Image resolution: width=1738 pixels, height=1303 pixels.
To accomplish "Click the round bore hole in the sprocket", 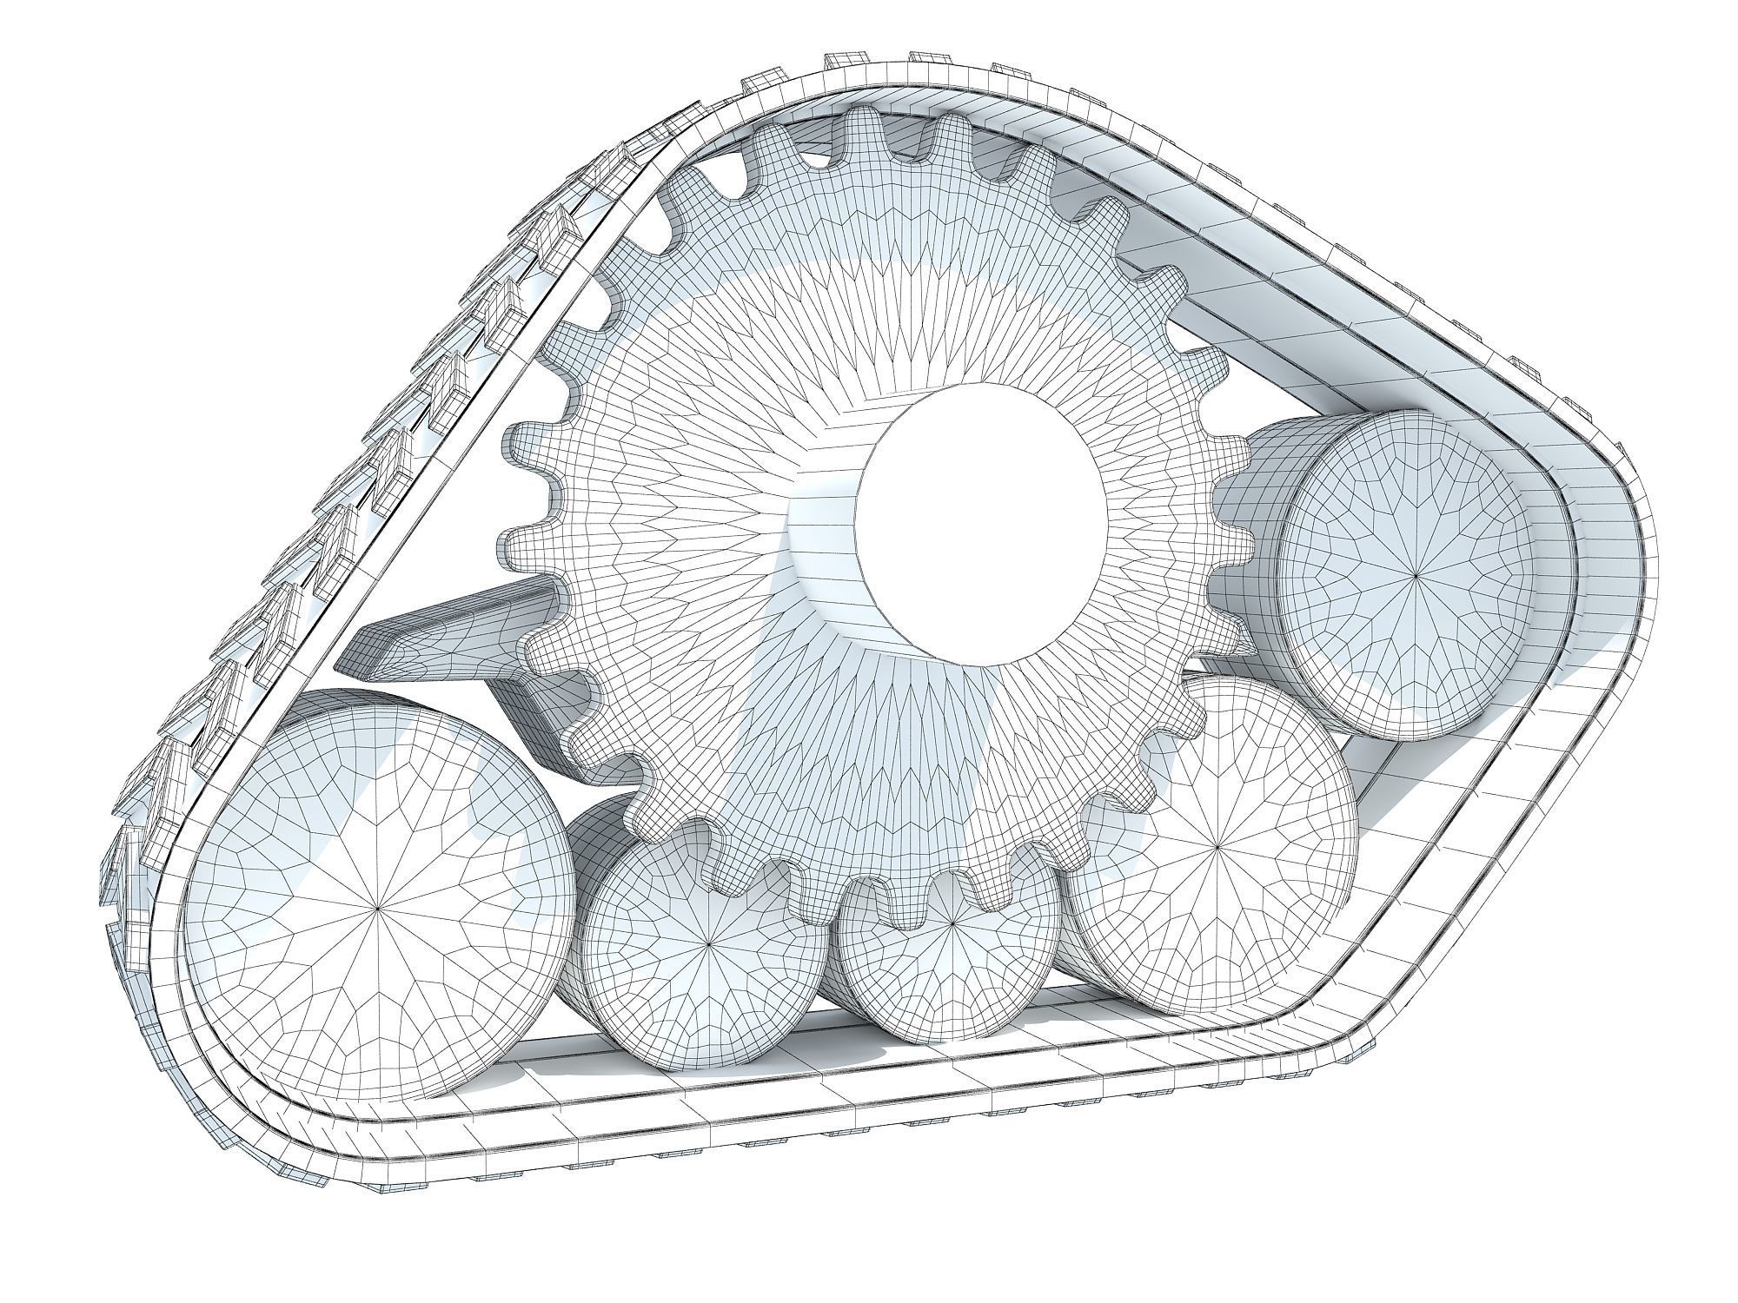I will (x=982, y=521).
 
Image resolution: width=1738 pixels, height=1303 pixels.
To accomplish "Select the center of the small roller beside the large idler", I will (x=710, y=944).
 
